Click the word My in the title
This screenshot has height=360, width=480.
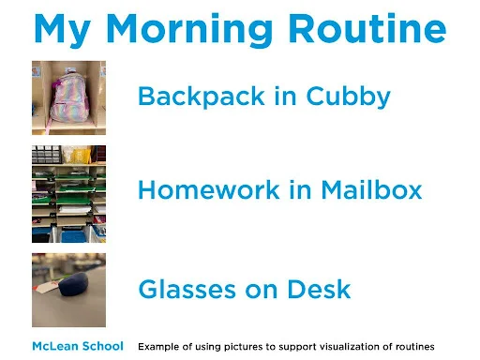[x=62, y=29]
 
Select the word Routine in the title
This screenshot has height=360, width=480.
[x=367, y=29]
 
